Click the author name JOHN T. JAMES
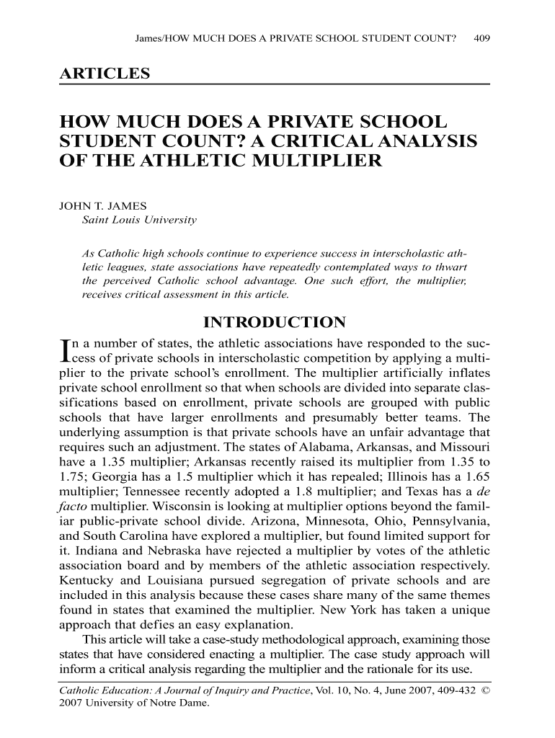pyautogui.click(x=94, y=205)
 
